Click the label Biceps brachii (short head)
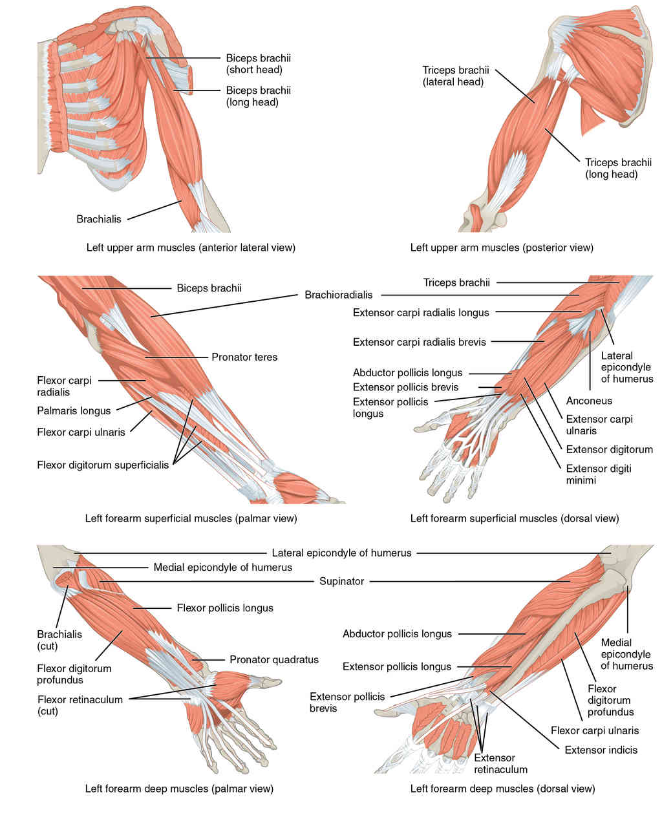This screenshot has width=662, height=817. [x=258, y=63]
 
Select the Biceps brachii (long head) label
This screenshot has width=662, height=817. [x=258, y=96]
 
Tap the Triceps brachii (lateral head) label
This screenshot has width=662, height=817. [x=455, y=76]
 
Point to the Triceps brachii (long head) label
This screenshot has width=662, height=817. [x=618, y=168]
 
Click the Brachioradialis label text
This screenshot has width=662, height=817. [x=339, y=295]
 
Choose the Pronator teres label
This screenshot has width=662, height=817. [x=244, y=357]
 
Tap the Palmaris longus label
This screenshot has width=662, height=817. [x=74, y=410]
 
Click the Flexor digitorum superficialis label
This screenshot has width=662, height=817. [x=103, y=464]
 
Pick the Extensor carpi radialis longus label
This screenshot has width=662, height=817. [x=421, y=313]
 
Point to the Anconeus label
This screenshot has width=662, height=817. [x=589, y=401]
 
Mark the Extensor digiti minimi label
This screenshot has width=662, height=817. [x=599, y=474]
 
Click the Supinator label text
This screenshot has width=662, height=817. [x=341, y=581]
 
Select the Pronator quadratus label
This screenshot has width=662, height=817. [x=274, y=660]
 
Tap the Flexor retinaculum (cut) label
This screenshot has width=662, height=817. [x=80, y=705]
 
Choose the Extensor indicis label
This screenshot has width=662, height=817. [x=601, y=750]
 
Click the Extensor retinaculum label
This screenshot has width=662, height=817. [x=500, y=763]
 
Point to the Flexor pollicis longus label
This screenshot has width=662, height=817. [x=225, y=608]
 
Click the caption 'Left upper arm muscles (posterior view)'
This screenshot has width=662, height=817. [x=502, y=248]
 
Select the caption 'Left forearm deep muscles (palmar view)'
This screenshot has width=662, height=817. [x=179, y=789]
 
